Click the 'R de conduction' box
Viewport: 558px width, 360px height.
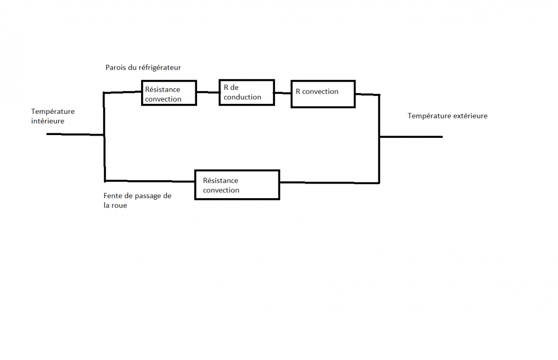(246, 93)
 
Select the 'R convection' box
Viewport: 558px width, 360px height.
(323, 93)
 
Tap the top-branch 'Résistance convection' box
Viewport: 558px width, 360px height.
(169, 93)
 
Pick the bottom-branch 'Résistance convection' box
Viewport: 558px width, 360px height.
(237, 185)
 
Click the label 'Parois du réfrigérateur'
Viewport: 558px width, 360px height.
(143, 68)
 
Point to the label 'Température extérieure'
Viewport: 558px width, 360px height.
(448, 116)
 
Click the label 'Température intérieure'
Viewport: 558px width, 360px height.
(52, 116)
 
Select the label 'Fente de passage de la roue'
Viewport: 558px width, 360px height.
(137, 200)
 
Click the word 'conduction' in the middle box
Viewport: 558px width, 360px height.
(243, 97)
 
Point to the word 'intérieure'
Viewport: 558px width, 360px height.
(47, 121)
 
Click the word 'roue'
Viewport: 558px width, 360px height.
(119, 205)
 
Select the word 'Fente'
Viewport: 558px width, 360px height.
(113, 196)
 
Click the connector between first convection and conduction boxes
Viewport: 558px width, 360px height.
(208, 92)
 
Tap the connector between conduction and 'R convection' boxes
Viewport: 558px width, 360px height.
(283, 93)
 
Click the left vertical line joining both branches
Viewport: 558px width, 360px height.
(104, 156)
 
